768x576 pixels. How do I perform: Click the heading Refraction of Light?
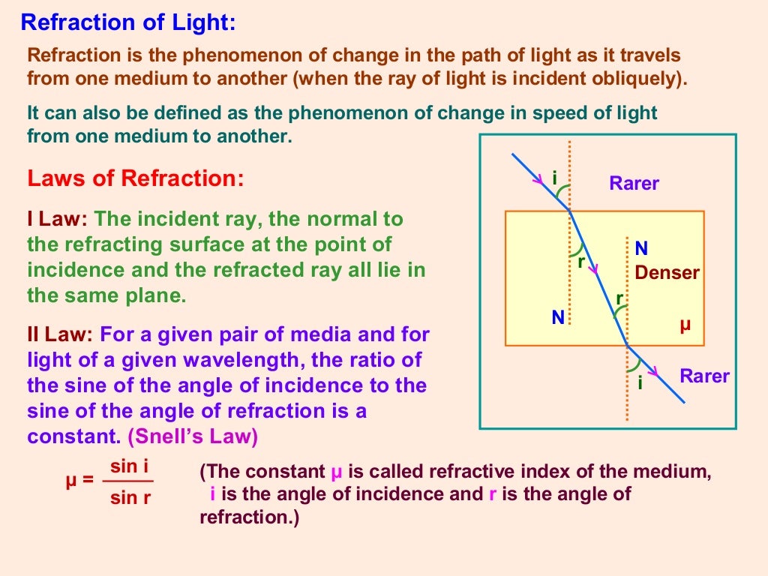coord(128,22)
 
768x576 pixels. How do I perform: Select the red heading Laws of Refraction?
coord(136,178)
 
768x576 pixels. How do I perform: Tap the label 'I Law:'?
coord(58,220)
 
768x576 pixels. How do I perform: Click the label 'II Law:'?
coord(60,334)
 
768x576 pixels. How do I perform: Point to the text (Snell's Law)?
coord(193,437)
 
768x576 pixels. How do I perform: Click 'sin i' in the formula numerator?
coord(128,466)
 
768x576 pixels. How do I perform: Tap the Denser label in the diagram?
coord(667,273)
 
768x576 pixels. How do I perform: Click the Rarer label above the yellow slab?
coord(634,184)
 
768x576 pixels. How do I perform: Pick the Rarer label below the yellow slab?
coord(704,376)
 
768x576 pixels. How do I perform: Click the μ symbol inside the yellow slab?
coord(684,325)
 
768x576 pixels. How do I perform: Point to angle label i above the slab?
coord(554,178)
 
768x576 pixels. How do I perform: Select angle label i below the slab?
coord(640,383)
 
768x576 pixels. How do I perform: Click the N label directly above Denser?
coord(641,249)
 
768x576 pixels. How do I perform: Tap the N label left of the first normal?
coord(557,318)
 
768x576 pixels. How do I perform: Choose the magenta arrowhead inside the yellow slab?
coord(592,267)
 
